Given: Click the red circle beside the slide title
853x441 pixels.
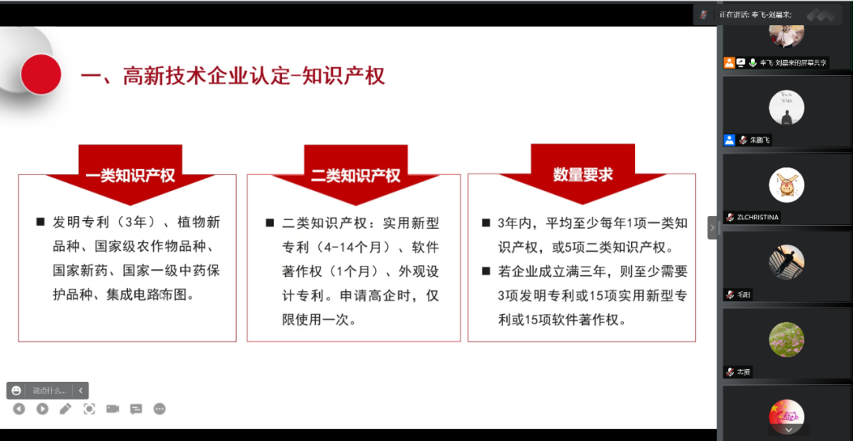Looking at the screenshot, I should tap(41, 75).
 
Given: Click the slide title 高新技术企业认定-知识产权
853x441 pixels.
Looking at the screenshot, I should tap(232, 76).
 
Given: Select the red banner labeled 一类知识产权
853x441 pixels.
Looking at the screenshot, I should tap(130, 175).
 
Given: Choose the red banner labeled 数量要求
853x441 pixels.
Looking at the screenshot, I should tap(582, 174).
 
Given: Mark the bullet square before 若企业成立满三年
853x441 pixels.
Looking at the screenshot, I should tap(487, 272).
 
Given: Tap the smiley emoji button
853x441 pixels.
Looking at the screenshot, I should tap(17, 391).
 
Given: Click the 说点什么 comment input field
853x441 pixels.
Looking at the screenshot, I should tap(50, 391).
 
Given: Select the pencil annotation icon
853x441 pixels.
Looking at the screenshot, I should tap(66, 409).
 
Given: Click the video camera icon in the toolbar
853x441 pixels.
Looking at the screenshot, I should tap(112, 409).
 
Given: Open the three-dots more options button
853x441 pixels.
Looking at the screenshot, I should tap(160, 409).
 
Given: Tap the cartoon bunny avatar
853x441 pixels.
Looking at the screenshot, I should tap(787, 185).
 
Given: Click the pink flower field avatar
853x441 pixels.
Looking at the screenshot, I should tap(787, 339).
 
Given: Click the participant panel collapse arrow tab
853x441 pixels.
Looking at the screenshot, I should tap(712, 227).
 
